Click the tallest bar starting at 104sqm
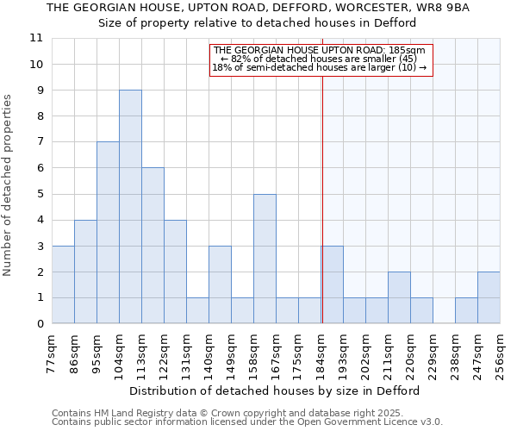pyautogui.click(x=130, y=207)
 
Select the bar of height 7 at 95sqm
pyautogui.click(x=108, y=233)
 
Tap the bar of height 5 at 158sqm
pyautogui.click(x=265, y=259)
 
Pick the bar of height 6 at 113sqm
pyautogui.click(x=153, y=246)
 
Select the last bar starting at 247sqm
pyautogui.click(x=489, y=297)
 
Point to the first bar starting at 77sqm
pyautogui.click(x=63, y=284)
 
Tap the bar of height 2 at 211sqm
pyautogui.click(x=399, y=297)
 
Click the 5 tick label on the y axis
pyautogui.click(x=40, y=194)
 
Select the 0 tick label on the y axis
pyautogui.click(x=40, y=324)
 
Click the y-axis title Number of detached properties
pyautogui.click(x=9, y=185)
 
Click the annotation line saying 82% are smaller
pyautogui.click(x=319, y=59)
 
